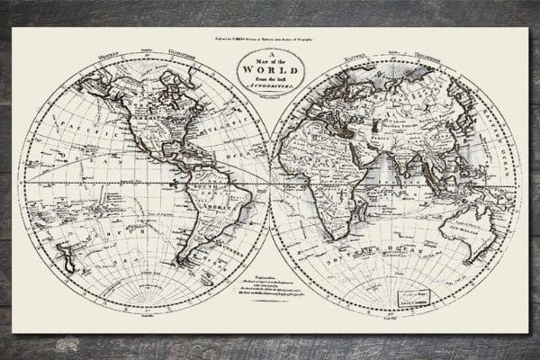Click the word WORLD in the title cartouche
click(270, 70)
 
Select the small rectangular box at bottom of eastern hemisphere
click(414, 298)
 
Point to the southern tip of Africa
click(337, 238)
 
